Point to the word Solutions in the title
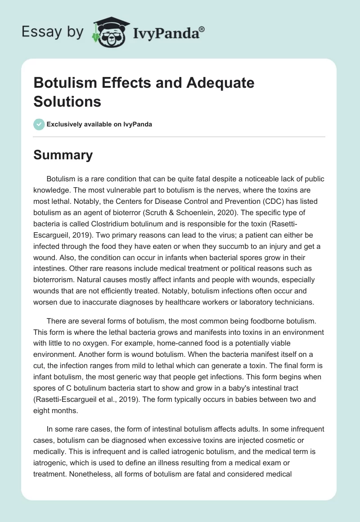(x=67, y=101)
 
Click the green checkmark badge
(x=39, y=124)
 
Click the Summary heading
(x=63, y=155)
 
